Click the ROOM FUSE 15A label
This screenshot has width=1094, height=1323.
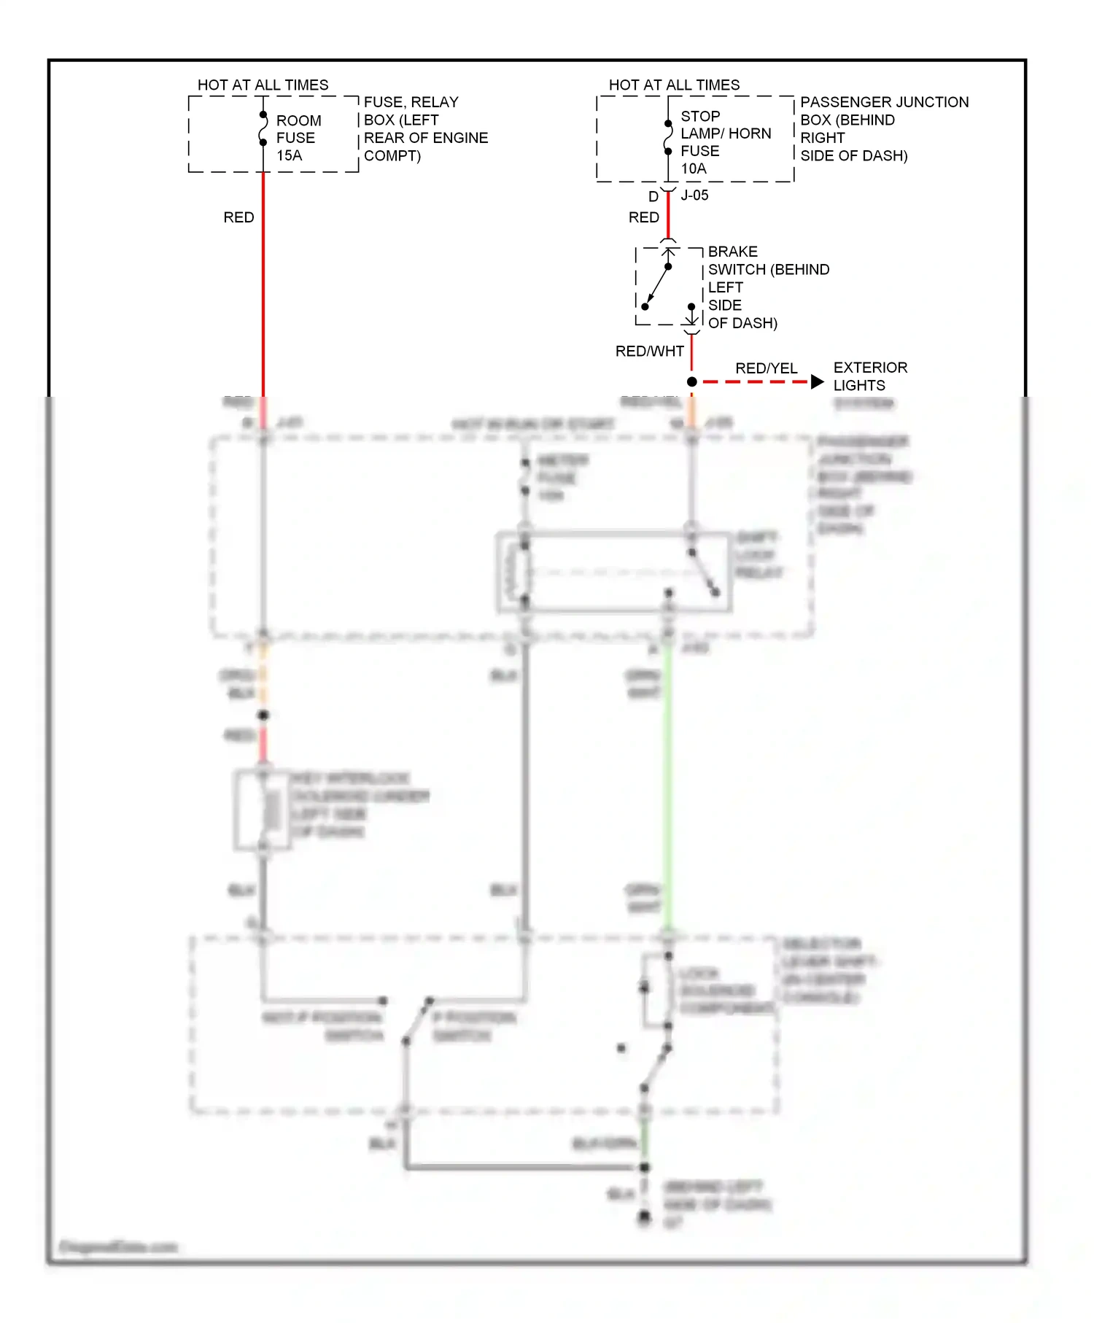pyautogui.click(x=298, y=138)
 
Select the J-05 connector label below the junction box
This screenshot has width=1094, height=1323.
pyautogui.click(x=694, y=195)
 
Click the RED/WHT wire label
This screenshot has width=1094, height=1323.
pyautogui.click(x=649, y=352)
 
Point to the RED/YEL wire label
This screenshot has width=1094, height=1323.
pyautogui.click(x=766, y=368)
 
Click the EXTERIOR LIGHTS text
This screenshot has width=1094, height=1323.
pyautogui.click(x=869, y=376)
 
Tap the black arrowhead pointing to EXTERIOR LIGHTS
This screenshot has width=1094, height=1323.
pyautogui.click(x=817, y=382)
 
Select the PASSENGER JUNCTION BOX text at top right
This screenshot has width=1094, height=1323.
pyautogui.click(x=883, y=128)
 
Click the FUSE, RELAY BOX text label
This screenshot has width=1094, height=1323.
pyautogui.click(x=425, y=128)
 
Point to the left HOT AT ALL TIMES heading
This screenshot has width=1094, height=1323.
pyautogui.click(x=263, y=85)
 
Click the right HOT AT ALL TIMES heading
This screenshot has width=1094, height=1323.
pyautogui.click(x=674, y=85)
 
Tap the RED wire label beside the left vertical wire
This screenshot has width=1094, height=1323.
pyautogui.click(x=238, y=217)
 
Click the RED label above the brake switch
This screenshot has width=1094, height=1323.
pyautogui.click(x=643, y=217)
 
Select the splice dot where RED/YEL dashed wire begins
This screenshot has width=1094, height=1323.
pyautogui.click(x=691, y=382)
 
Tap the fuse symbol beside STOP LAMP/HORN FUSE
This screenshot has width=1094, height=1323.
pyautogui.click(x=668, y=138)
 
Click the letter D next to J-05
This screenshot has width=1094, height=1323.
pyautogui.click(x=653, y=197)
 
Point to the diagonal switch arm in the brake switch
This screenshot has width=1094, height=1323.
pyautogui.click(x=657, y=286)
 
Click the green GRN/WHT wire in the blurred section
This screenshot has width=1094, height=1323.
pyautogui.click(x=667, y=788)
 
